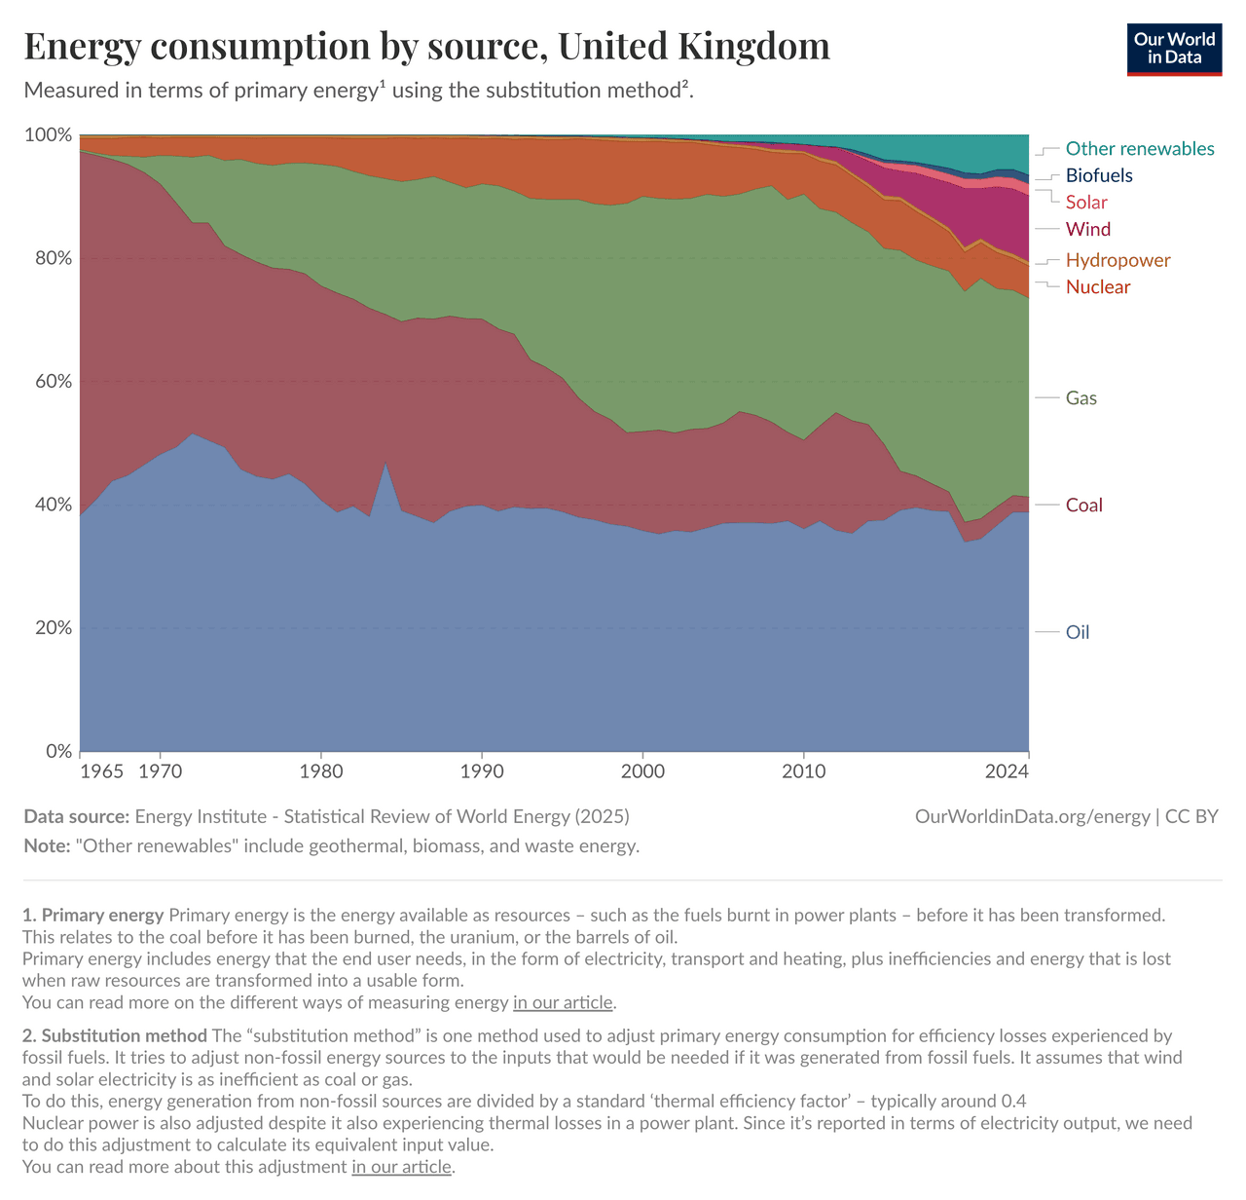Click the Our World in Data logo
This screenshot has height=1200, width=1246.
[1174, 49]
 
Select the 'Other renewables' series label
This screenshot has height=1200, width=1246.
[1140, 149]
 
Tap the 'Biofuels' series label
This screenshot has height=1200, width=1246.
[1099, 176]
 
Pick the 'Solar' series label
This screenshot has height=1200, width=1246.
[1086, 203]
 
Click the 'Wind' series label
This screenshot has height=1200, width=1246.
[1087, 230]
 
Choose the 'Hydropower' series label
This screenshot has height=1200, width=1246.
[1118, 260]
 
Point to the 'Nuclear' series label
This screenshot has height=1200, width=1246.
[1098, 287]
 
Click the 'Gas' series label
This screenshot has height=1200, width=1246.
[1081, 398]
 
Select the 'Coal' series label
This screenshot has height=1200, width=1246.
[1083, 506]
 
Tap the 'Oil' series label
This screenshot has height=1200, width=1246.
[1078, 633]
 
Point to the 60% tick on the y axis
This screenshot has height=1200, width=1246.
[49, 382]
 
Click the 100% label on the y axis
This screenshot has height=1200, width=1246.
[47, 135]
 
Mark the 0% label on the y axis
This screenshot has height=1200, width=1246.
[57, 752]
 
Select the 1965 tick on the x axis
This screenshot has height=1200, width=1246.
[101, 772]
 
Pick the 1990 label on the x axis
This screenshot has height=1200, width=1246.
[482, 772]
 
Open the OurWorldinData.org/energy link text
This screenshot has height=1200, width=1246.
[1033, 817]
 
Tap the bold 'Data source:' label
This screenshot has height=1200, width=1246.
[76, 817]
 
